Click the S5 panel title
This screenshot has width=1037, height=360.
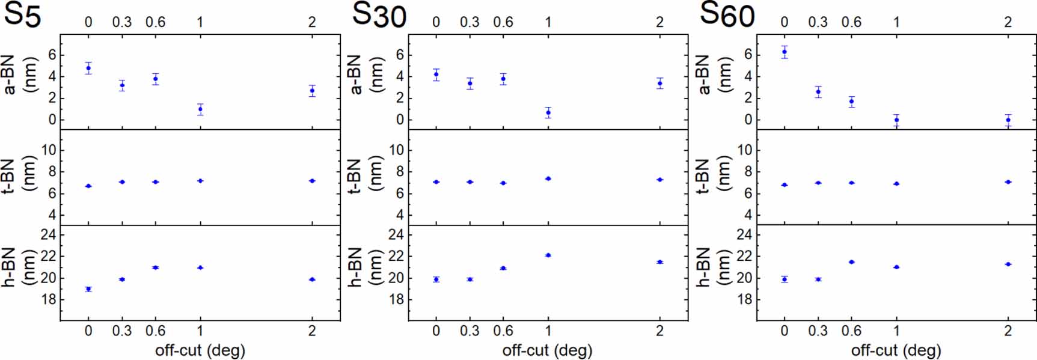(x=22, y=15)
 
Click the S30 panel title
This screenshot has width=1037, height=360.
(x=379, y=15)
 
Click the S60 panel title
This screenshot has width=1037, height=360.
(x=727, y=14)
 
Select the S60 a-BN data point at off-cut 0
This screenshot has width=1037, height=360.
(x=784, y=52)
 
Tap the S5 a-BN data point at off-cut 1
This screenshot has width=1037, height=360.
(x=200, y=109)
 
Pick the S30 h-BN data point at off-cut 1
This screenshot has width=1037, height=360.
(x=548, y=255)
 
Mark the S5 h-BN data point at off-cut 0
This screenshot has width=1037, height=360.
(x=88, y=289)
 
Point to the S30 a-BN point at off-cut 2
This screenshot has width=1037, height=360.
(x=660, y=83)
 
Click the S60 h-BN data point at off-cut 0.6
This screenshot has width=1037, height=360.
(x=851, y=262)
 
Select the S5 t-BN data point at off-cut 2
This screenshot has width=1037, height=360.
(x=312, y=181)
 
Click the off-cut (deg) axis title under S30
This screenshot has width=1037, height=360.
(x=547, y=350)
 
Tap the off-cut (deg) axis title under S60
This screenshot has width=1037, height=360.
(x=896, y=350)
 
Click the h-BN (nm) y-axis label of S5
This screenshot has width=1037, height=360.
(x=18, y=266)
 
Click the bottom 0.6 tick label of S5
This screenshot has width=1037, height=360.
(x=155, y=331)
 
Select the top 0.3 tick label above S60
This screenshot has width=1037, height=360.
(x=818, y=22)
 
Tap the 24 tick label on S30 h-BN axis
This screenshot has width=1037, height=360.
(x=396, y=234)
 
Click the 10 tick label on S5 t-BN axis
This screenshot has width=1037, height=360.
(x=48, y=150)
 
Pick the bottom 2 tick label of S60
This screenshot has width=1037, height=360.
(x=1008, y=331)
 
